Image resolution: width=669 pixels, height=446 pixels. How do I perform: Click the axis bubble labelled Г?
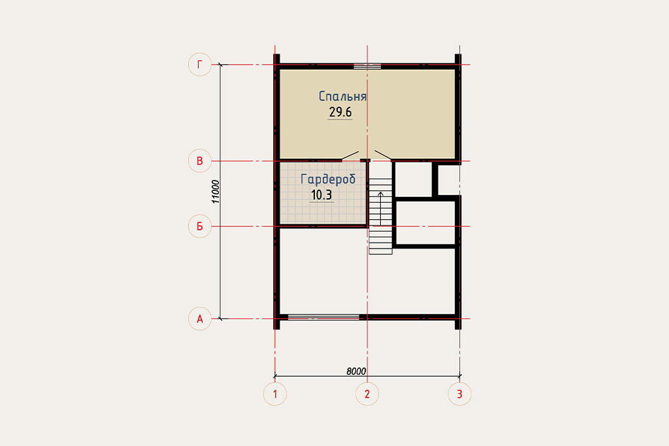200,65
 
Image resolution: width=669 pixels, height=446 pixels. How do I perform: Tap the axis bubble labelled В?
200,161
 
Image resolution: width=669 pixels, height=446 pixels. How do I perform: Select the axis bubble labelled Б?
200,226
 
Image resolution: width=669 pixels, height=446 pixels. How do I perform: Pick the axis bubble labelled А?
200,318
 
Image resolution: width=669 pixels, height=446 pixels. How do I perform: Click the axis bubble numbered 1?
275,394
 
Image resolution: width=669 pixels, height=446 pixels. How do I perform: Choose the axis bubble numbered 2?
367,394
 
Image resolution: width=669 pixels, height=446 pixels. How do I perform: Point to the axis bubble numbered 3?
459,394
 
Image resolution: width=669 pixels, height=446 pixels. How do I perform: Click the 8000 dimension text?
356,371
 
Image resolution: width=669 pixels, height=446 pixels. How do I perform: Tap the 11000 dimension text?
216,192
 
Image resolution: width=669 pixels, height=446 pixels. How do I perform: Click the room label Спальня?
342,96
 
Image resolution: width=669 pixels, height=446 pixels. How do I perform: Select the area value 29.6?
340,112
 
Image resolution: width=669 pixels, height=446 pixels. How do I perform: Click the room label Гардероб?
328,179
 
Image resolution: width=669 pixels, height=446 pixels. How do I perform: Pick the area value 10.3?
321,195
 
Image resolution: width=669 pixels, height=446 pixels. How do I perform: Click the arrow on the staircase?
381,209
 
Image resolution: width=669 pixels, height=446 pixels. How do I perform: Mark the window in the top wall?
367,66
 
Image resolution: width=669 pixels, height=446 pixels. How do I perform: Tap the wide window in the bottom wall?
323,317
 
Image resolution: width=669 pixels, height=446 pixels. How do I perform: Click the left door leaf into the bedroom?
350,155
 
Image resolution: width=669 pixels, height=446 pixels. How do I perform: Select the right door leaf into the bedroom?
383,155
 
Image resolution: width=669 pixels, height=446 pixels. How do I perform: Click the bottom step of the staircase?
381,252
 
